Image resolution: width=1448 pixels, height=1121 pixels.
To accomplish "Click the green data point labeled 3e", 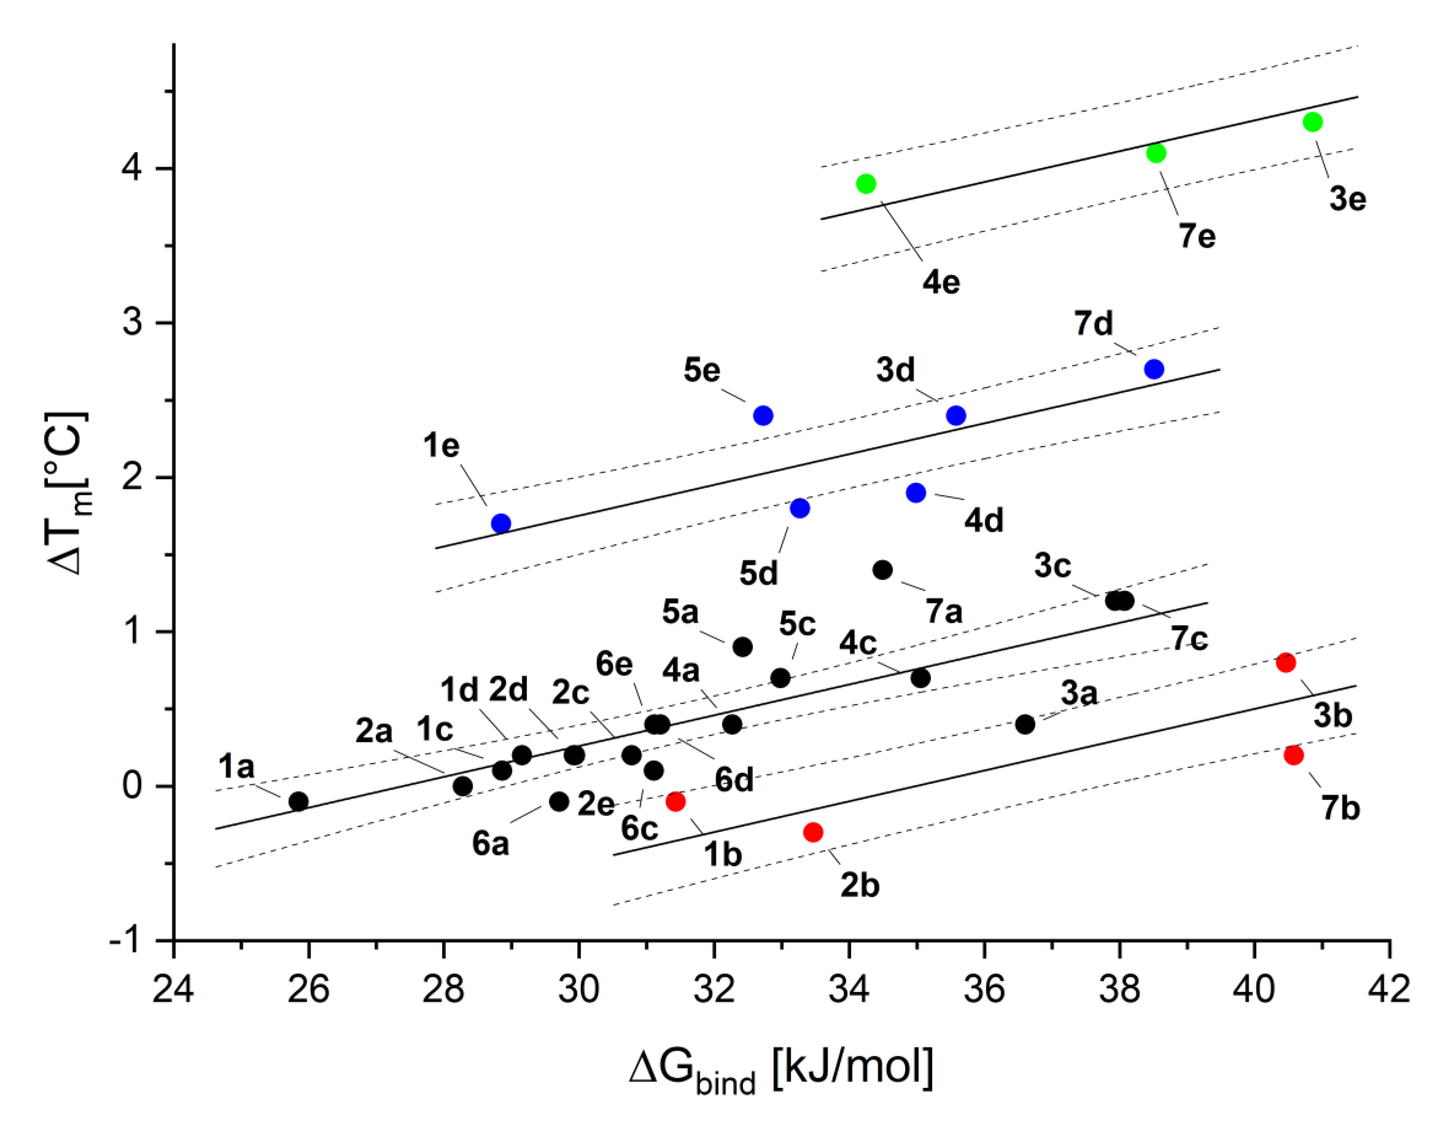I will click(x=1312, y=122).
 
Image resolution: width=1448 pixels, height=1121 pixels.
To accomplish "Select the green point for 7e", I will click(x=1155, y=153).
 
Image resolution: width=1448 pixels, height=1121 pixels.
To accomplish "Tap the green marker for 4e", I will click(x=866, y=184).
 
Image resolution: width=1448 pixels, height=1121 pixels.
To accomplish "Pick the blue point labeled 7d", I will click(x=1154, y=369).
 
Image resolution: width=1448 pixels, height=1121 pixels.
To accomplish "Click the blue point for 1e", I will click(x=501, y=523).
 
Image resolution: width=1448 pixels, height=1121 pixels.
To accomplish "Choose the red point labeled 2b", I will click(x=813, y=832).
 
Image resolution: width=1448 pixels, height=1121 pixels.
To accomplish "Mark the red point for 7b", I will click(x=1293, y=755).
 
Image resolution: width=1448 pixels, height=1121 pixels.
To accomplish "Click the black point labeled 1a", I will click(x=299, y=801).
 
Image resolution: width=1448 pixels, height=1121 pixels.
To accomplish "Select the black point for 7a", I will click(x=883, y=570).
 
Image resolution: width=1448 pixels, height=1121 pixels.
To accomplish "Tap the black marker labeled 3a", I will click(x=1025, y=724).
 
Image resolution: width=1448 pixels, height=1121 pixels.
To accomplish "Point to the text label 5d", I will click(x=759, y=573).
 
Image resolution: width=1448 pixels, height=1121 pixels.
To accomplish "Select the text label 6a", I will click(x=491, y=844).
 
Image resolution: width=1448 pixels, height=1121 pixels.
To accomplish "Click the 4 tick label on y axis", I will click(x=131, y=169).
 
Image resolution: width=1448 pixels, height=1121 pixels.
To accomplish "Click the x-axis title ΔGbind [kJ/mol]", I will click(x=781, y=1069).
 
